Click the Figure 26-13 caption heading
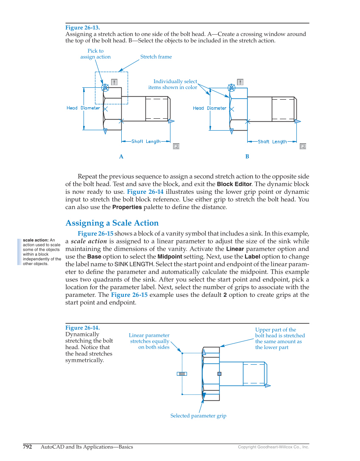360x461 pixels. tap(82, 28)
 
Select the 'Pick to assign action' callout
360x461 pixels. tap(95, 54)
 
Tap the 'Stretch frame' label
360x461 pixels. tap(156, 57)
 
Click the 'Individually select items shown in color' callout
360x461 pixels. tap(173, 84)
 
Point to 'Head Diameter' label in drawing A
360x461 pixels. tap(83, 108)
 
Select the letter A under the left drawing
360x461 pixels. tap(121, 156)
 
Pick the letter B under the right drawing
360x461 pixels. tap(247, 156)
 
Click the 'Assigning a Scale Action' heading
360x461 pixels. tap(112, 223)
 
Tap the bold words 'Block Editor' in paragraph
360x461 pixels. tap(234, 184)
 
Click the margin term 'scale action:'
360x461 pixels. tap(36, 240)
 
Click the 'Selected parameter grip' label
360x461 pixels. tap(198, 416)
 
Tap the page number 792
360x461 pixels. tap(28, 447)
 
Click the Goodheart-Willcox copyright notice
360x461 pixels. tap(273, 447)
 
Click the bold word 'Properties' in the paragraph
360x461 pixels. tap(127, 207)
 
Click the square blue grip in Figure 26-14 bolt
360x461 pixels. tap(219, 374)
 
